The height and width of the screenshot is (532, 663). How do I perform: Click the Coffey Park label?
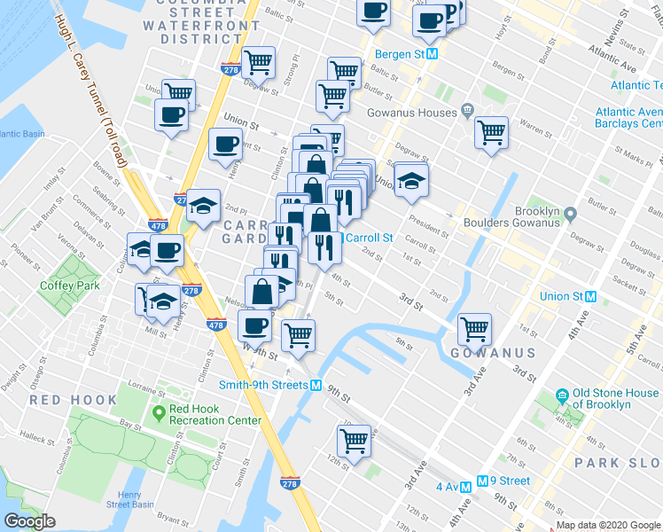59,286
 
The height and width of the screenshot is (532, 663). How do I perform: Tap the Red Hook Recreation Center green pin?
160,411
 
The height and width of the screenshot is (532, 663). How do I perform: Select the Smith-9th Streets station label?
263,385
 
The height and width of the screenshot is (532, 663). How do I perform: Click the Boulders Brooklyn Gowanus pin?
570,214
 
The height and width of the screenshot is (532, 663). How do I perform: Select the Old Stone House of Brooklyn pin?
561,395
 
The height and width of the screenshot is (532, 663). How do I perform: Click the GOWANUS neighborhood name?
492,353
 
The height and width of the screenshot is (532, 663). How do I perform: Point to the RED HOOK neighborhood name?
74,400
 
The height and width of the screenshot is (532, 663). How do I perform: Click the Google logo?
29,521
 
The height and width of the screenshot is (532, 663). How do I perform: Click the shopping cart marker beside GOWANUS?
475,329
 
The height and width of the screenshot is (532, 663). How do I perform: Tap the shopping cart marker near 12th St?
354,440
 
